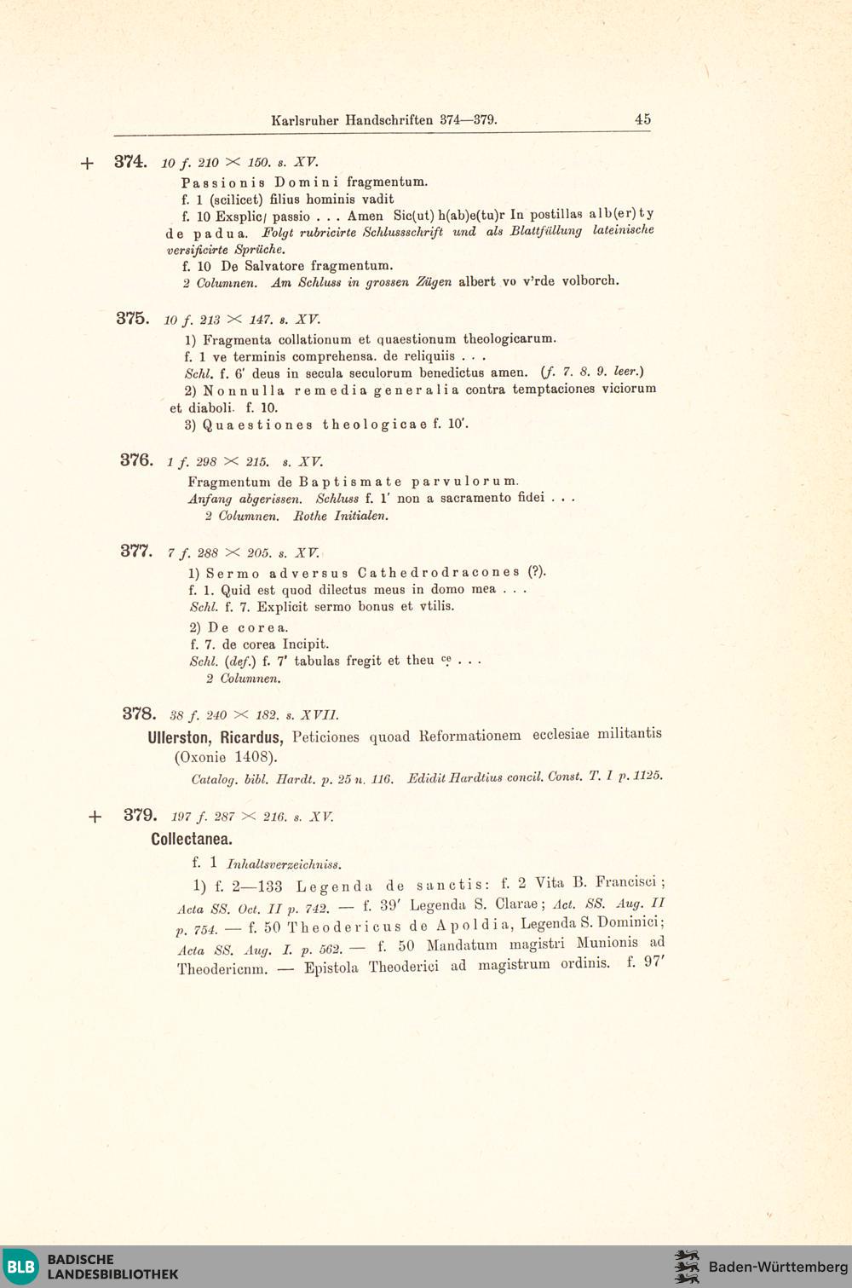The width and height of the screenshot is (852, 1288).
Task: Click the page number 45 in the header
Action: coord(642,119)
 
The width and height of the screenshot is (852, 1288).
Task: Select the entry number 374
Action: coord(130,161)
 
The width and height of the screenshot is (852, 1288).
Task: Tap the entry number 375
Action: coord(133,318)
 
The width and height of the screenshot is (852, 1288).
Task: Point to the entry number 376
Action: coord(136,460)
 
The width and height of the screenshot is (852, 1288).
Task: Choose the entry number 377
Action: coord(136,551)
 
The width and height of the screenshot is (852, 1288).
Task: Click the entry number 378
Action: coord(139,713)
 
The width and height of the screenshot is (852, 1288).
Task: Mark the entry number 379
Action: coord(140,814)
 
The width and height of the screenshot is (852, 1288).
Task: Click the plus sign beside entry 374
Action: coord(87,163)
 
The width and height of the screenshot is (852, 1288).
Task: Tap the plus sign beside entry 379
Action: coord(95,817)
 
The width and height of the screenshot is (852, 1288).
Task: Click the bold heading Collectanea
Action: coord(192,840)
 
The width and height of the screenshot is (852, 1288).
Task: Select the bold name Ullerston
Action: coord(180,737)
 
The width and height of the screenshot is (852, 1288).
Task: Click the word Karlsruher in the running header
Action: coord(305,120)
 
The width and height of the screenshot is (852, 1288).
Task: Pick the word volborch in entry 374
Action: coord(590,280)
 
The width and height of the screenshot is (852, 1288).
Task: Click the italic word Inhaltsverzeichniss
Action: coord(284,864)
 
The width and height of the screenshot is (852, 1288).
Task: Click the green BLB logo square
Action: coord(20,1267)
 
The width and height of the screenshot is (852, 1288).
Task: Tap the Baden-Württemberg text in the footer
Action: coord(778,1267)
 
